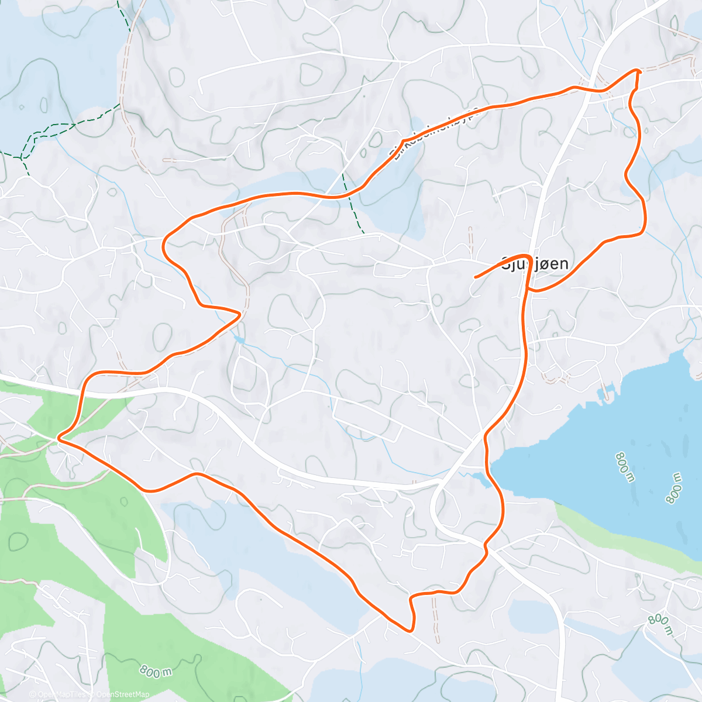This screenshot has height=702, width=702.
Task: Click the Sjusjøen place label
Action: (x=535, y=264)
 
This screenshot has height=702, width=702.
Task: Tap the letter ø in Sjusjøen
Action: (x=549, y=264)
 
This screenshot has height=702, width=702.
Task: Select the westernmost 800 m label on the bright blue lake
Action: (x=625, y=466)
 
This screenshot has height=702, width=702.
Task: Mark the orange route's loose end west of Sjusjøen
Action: (x=474, y=276)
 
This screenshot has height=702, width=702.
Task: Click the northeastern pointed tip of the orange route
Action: (x=639, y=71)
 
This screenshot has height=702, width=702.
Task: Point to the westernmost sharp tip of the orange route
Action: (x=58, y=437)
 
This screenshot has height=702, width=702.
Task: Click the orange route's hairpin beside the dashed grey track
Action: (x=240, y=314)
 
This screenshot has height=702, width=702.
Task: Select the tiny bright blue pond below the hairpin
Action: (x=239, y=339)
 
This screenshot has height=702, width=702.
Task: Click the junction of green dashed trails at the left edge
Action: (x=22, y=157)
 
